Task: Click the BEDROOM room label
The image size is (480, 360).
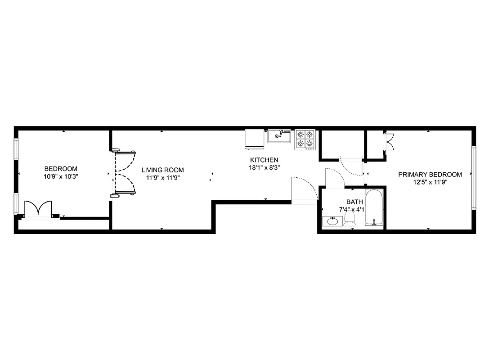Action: coord(61,169)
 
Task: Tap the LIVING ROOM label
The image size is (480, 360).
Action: coord(162,170)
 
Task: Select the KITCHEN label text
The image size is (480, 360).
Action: coord(264,160)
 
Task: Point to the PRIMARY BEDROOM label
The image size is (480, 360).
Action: coord(430,175)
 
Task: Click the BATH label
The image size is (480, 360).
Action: coord(354,202)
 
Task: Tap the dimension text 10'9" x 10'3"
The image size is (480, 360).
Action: coord(61,177)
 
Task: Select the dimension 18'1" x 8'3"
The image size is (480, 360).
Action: coord(264,167)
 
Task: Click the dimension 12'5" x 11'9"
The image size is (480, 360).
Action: coord(430,182)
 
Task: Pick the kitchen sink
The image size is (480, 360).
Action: coord(279,135)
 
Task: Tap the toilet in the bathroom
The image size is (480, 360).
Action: coord(350,219)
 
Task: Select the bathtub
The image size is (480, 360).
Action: coord(374,209)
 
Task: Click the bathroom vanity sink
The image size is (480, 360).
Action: coord(332,221)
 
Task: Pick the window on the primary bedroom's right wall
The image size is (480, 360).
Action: coord(473,177)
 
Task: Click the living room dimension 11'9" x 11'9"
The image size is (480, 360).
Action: coord(162,177)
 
